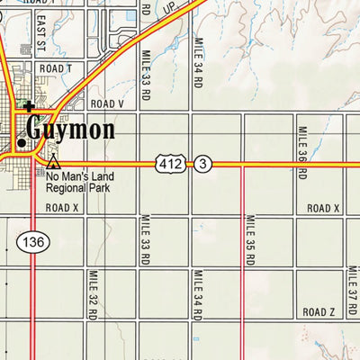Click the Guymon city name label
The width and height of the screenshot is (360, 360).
70,130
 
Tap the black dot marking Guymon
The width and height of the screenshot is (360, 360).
22,142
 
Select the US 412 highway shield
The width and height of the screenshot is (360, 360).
169,163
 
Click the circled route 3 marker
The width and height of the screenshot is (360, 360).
204,163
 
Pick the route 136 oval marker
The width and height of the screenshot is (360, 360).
31,241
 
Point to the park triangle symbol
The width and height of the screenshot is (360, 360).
54,163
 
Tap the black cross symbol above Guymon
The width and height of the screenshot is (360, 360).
29,107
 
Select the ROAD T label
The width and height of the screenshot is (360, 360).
55,68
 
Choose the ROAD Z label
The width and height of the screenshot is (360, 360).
319,311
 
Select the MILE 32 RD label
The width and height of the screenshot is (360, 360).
92,295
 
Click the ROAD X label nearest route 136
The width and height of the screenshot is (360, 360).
64,208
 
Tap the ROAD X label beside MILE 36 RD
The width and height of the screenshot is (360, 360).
322,208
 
